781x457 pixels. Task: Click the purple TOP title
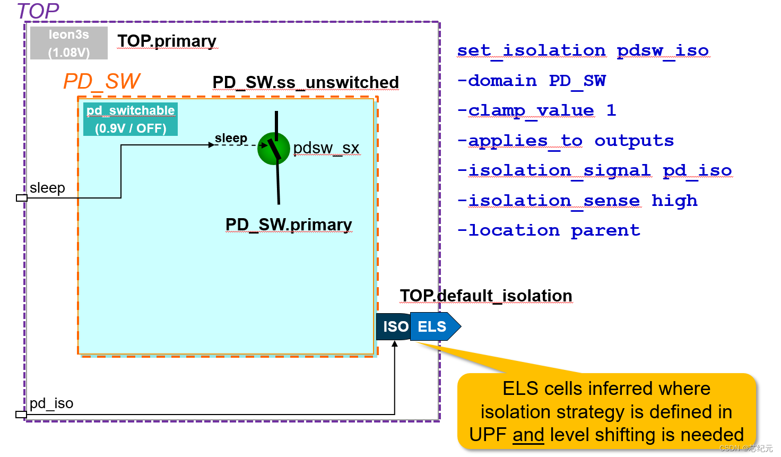coord(38,11)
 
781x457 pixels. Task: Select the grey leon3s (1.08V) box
coord(69,43)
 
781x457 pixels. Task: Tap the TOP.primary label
coord(167,41)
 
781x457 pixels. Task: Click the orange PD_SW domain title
coord(101,81)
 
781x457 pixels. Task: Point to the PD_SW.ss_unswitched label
coord(305,82)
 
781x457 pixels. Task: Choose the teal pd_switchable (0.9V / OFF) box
coord(131,119)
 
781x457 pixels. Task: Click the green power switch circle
coord(273,149)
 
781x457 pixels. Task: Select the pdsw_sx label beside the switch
coord(326,148)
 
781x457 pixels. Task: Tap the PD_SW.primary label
coord(289,225)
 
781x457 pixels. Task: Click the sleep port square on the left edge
coord(21,198)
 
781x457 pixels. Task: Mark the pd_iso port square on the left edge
coord(21,415)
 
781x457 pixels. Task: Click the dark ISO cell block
coord(394,326)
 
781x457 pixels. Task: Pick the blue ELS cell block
coord(434,326)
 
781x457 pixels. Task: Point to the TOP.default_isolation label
coord(485,296)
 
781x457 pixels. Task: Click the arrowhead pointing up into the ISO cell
coord(395,344)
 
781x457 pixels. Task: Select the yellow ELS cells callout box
coord(606,411)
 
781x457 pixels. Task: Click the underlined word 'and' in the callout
coord(528,435)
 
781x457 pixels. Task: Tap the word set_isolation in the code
coord(531,50)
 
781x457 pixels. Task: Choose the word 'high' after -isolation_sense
coord(674,201)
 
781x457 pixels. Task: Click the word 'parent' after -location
coord(605,230)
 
